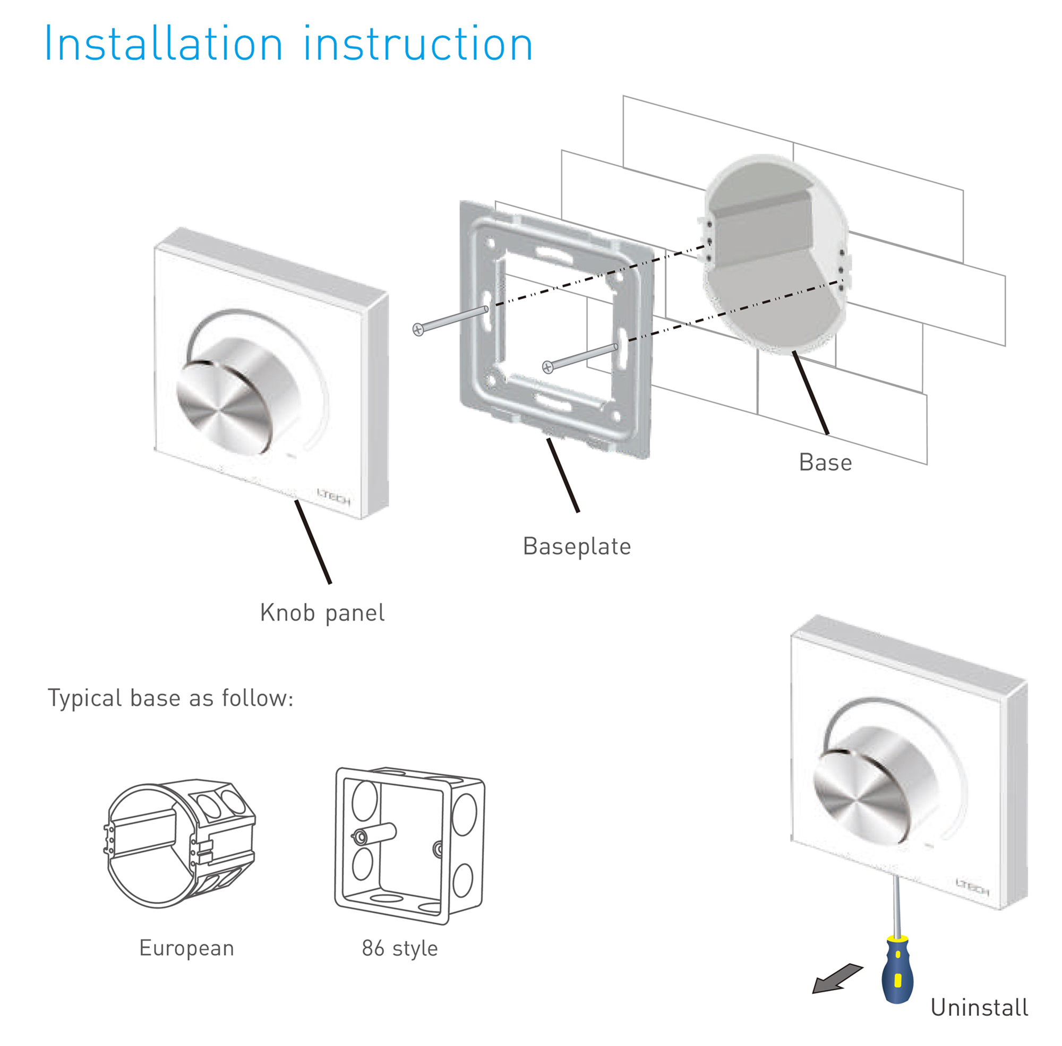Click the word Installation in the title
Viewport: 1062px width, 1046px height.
(x=163, y=44)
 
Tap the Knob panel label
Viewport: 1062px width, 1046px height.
(x=322, y=613)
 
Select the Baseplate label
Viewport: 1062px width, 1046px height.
(x=576, y=546)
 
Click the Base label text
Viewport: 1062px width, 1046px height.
(x=825, y=462)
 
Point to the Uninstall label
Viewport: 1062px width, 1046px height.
(x=979, y=1008)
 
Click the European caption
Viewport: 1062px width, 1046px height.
(x=186, y=948)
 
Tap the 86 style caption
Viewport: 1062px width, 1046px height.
(x=399, y=948)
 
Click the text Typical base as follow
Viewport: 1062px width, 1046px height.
(x=171, y=698)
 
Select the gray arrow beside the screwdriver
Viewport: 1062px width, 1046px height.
(x=836, y=979)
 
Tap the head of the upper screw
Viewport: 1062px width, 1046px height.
(x=418, y=330)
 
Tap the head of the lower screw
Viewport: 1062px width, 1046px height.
(x=547, y=366)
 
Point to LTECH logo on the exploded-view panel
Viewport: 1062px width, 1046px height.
(x=333, y=496)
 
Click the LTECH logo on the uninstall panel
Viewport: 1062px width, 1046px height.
(x=972, y=887)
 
